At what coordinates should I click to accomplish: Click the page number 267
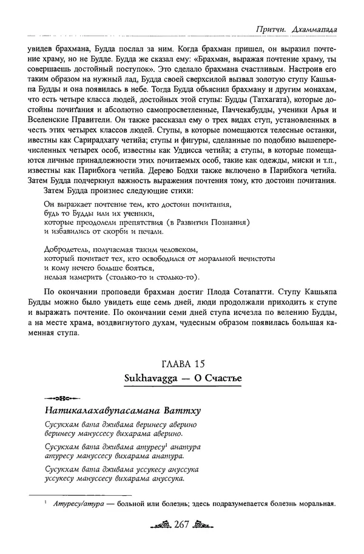(182, 524)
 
